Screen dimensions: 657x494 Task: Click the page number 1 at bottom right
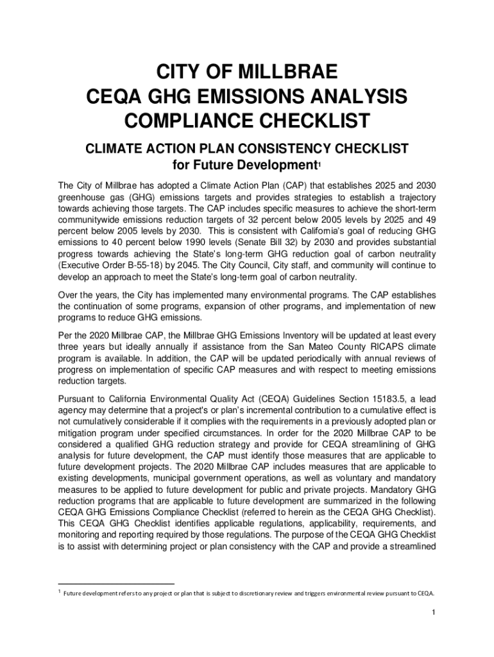pos(434,612)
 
